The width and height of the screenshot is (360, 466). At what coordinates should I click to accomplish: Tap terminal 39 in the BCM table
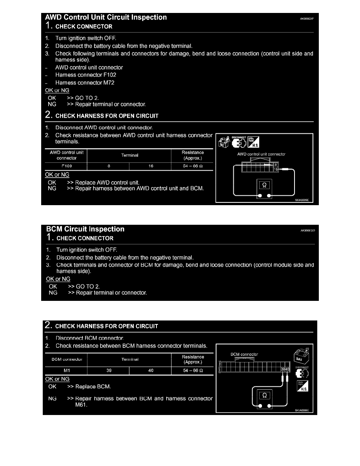point(109,371)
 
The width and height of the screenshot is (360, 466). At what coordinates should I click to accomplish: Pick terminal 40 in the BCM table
point(151,371)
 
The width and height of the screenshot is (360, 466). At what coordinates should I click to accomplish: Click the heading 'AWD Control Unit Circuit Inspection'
point(106,17)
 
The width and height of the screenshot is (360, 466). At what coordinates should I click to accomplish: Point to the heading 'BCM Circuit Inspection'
point(85,229)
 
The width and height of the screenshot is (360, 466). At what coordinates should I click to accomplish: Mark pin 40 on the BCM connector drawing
point(287,369)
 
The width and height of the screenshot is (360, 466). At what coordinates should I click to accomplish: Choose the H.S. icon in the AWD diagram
point(254,143)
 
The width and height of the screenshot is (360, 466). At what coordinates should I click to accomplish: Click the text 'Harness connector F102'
point(86,75)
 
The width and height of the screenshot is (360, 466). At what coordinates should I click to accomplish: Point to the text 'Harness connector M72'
point(85,83)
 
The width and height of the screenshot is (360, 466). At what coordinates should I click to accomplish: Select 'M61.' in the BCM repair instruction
point(82,406)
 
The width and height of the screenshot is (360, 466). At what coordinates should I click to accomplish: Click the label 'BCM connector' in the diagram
point(244,354)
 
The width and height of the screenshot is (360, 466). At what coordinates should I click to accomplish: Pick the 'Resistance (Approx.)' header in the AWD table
point(193,155)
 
